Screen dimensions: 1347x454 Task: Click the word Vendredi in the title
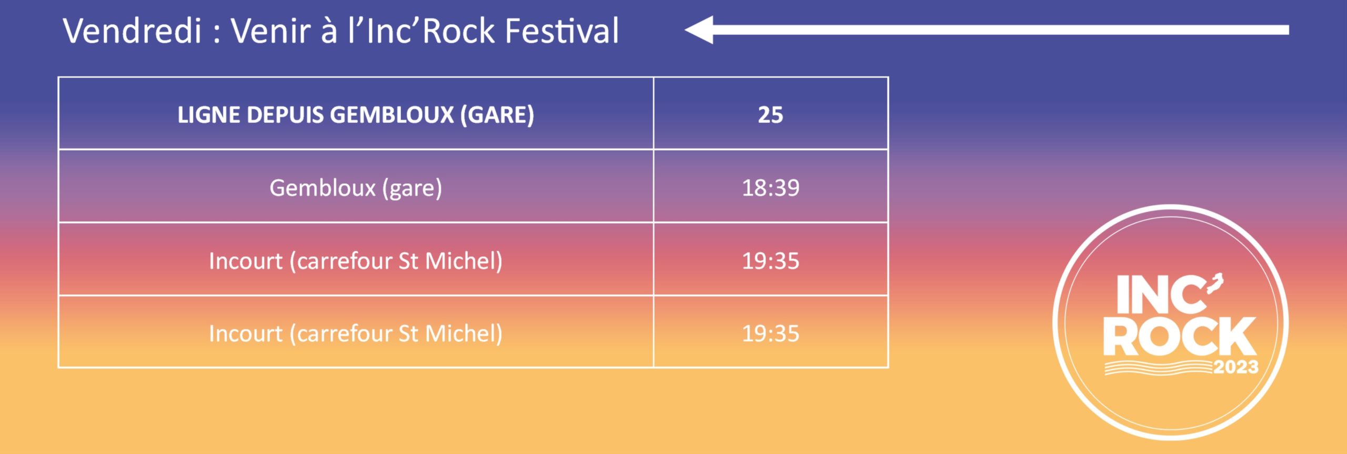coord(133,31)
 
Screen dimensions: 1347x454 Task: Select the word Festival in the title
coord(561,31)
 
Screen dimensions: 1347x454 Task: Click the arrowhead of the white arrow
coord(699,29)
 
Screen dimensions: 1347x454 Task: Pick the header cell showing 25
coord(770,114)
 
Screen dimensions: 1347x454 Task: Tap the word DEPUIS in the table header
coord(285,115)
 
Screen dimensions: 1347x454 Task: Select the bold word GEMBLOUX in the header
coord(392,115)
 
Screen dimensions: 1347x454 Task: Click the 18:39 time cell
coord(770,187)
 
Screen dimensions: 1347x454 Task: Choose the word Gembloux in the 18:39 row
coord(323,187)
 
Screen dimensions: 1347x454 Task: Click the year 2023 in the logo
coord(1236,367)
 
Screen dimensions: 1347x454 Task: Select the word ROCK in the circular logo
coord(1180,337)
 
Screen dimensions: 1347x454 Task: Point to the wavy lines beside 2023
coord(1158,368)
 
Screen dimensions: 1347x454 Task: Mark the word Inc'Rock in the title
coord(431,31)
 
